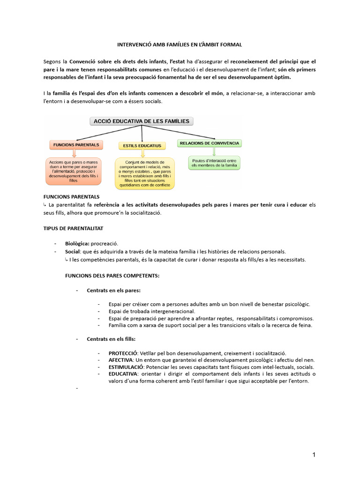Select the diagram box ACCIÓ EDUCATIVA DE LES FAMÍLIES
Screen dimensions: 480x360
[141, 121]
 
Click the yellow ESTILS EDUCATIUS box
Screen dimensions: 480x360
[142, 146]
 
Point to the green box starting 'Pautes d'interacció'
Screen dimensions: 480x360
[214, 163]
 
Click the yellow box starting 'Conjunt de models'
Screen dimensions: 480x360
[144, 173]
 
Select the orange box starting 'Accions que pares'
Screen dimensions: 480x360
[74, 171]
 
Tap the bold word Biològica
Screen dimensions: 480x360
[77, 243]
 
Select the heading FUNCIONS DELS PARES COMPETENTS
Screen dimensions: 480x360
[112, 276]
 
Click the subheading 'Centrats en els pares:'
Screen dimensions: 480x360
[113, 290]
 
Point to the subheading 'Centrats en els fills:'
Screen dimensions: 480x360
[111, 339]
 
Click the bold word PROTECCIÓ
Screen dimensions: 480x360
[123, 353]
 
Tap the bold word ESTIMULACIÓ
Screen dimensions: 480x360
[125, 367]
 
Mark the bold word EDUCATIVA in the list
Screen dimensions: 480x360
[123, 374]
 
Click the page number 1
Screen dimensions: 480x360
[314, 455]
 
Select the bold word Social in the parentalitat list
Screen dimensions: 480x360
[73, 252]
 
